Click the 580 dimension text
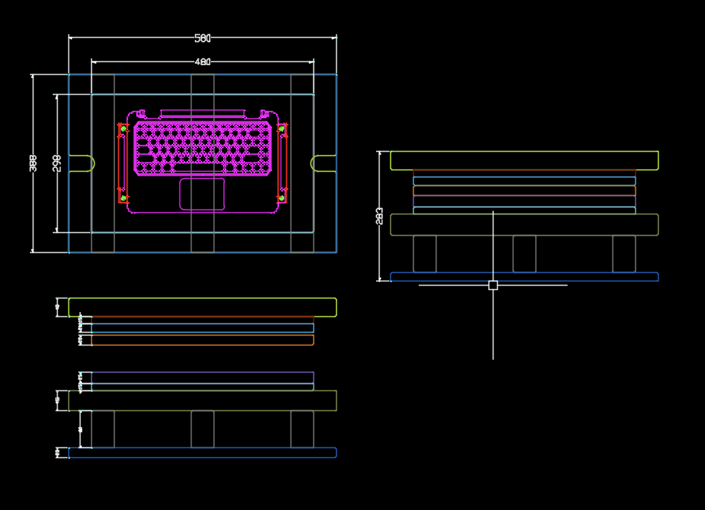tap(203, 38)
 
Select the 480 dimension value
tap(203, 62)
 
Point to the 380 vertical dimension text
tap(33, 163)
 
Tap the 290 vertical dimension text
tap(57, 163)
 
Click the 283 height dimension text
tap(380, 216)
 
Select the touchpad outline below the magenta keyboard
tap(202, 194)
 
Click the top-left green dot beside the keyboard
tap(123, 129)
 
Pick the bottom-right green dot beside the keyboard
tap(281, 197)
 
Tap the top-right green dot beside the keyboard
tap(281, 129)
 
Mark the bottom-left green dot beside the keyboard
tap(123, 197)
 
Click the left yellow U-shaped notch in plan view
tap(84, 163)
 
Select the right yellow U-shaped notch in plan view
tap(321, 163)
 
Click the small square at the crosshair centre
tap(493, 285)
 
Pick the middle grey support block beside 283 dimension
tap(524, 254)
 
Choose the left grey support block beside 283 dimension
tap(424, 254)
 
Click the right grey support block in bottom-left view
tap(302, 429)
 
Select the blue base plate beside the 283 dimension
tap(524, 276)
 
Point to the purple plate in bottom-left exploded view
tap(202, 377)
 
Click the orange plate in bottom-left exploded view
tap(202, 340)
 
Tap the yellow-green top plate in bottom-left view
tap(202, 307)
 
